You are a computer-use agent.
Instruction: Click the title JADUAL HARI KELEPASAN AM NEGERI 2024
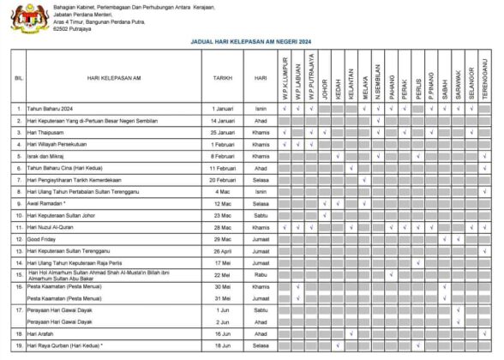[x=251, y=40]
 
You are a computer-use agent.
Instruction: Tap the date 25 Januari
[x=223, y=133]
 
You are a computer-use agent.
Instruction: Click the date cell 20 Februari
[x=223, y=180]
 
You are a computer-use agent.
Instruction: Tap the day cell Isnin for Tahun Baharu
[x=261, y=109]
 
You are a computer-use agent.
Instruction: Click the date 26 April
[x=223, y=250]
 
